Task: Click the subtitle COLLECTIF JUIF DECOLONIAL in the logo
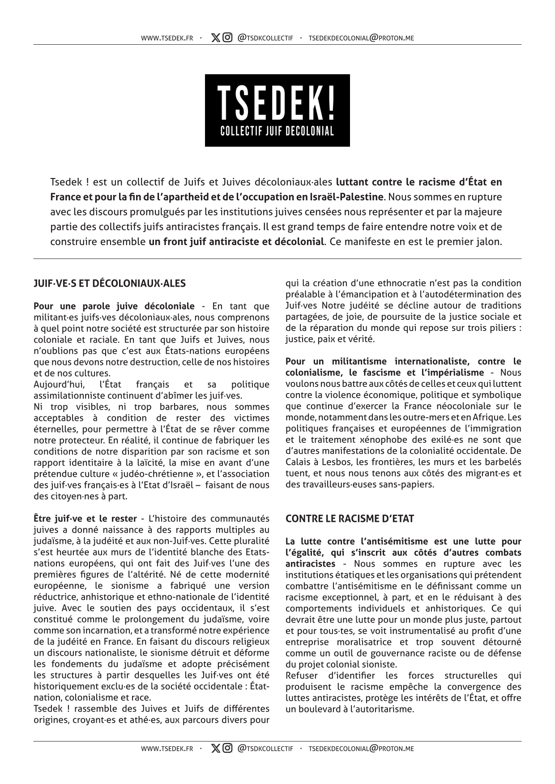277,131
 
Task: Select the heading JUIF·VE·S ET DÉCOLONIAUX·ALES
110,283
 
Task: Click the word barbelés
504,462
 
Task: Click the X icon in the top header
216,38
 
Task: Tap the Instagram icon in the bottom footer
227,748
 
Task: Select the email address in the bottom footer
361,748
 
